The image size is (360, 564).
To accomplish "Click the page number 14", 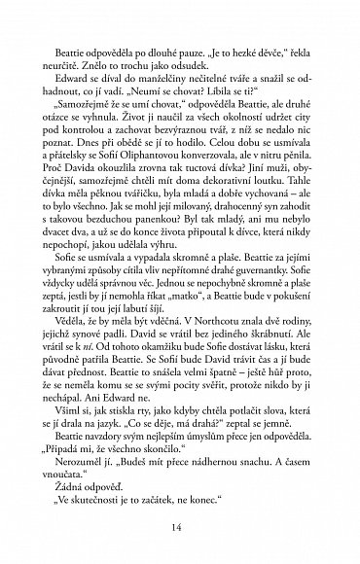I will coord(180,526).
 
